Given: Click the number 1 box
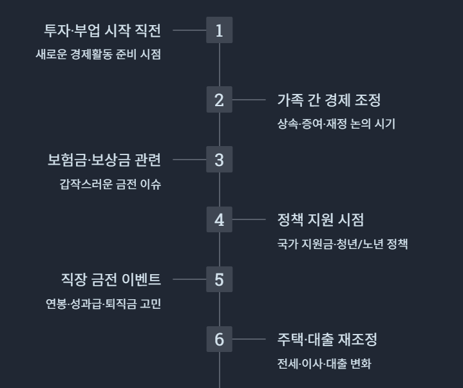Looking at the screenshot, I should (x=219, y=30).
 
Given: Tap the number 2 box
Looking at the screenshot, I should (x=219, y=100).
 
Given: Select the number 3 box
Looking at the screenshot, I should (x=219, y=160).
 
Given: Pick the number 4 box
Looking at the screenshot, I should (x=219, y=219).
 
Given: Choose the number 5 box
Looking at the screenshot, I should (x=219, y=279).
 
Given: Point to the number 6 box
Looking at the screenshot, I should (x=219, y=339).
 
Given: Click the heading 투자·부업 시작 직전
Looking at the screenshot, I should (x=102, y=30).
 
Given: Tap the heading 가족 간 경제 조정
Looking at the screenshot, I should (x=329, y=100).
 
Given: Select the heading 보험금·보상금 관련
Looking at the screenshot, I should (x=104, y=160).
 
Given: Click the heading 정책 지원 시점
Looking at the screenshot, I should (x=320, y=219).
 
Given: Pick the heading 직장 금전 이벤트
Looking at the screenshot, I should (x=111, y=279).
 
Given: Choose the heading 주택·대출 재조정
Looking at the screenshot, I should (x=326, y=339).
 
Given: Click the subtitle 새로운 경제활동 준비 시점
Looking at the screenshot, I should (x=98, y=55).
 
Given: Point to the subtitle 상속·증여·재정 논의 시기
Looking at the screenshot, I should (x=335, y=124).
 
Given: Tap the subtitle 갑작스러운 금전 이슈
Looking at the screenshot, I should (x=110, y=184).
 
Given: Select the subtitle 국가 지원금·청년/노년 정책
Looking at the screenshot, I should (x=342, y=244).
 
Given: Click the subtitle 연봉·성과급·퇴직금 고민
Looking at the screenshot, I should (x=99, y=304).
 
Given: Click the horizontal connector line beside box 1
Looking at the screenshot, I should (x=189, y=30).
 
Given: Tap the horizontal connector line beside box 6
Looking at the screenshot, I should (x=249, y=339).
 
